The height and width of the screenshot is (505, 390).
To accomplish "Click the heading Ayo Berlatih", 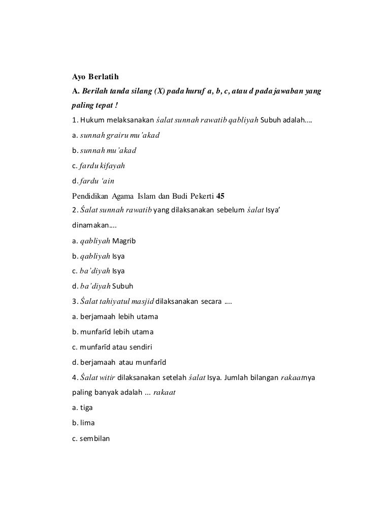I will coord(94,78).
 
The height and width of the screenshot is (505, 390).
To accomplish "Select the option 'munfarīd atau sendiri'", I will coord(116,347).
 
